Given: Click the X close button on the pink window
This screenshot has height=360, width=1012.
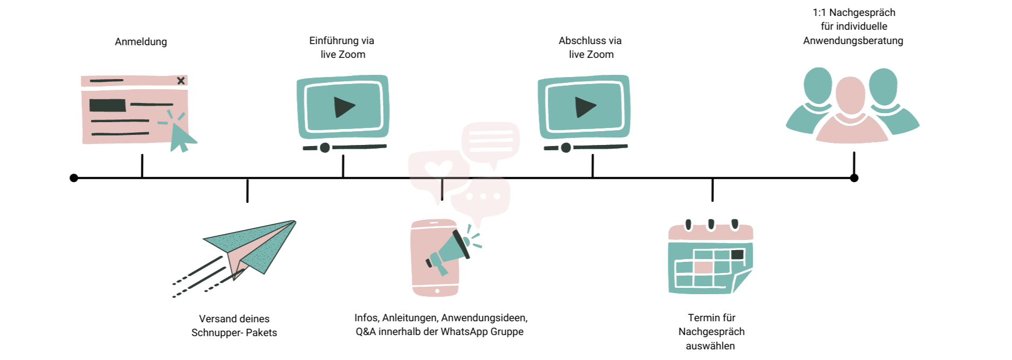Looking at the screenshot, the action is tap(181, 81).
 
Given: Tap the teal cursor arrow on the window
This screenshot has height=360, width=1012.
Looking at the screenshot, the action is tap(181, 137).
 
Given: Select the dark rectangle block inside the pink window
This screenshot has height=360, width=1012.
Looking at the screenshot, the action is tap(107, 105).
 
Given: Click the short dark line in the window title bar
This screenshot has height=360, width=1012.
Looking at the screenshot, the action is tap(106, 81).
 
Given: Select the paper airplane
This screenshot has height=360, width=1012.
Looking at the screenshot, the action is tap(255, 244).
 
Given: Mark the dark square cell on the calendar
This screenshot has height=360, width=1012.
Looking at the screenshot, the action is tap(737, 255).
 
